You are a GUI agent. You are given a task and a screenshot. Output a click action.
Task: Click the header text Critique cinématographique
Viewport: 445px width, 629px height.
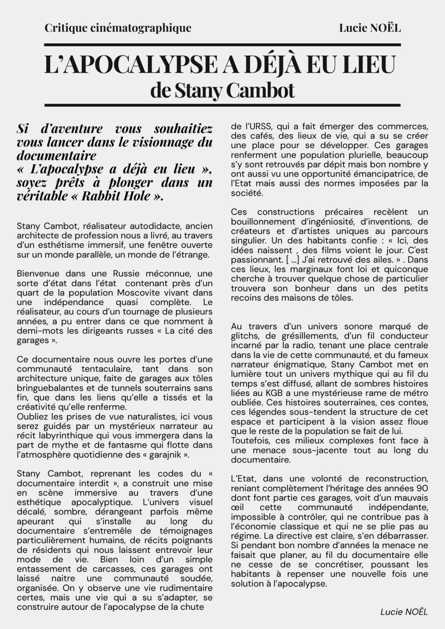118,28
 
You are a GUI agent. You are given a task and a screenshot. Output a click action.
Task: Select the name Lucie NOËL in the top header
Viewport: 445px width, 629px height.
370,28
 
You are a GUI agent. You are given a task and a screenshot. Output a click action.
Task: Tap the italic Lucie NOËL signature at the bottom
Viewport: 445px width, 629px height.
404,612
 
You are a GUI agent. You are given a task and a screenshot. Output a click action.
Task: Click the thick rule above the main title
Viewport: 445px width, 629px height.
222,45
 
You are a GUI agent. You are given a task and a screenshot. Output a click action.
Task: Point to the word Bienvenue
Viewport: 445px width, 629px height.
38,274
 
